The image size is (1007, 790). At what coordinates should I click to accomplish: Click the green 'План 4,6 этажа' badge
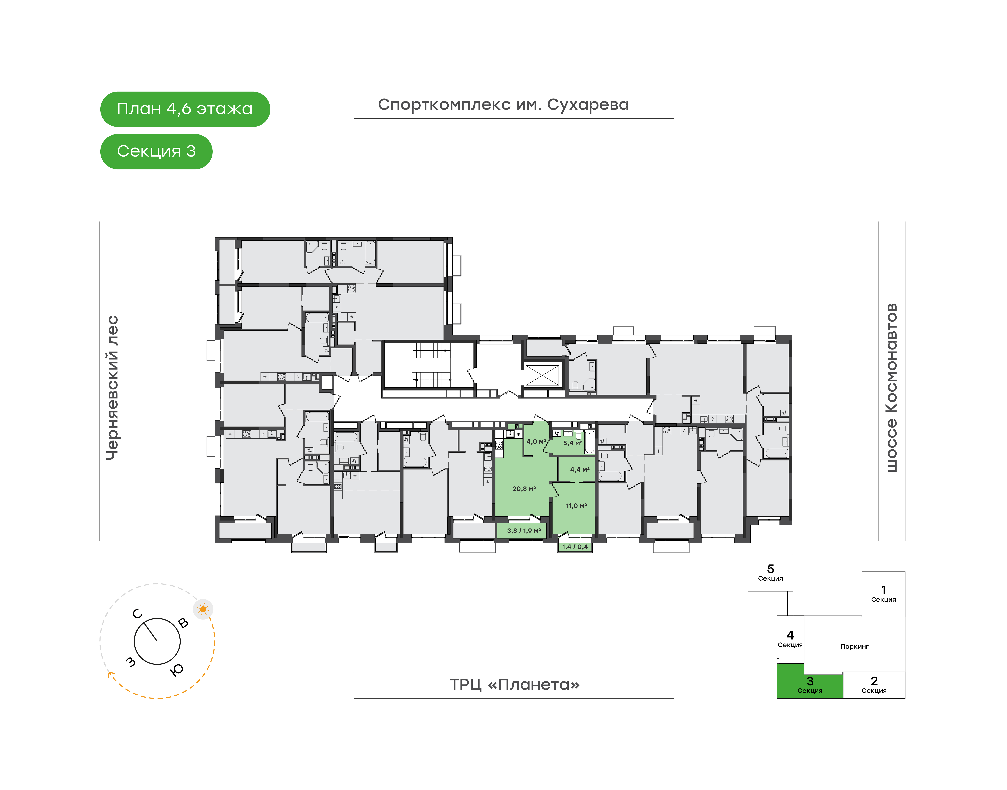tap(185, 109)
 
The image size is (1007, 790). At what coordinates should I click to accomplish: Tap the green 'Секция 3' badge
tap(156, 151)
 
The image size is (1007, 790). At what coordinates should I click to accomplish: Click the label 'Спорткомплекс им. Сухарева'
tap(503, 105)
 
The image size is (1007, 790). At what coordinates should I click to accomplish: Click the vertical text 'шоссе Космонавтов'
tap(891, 388)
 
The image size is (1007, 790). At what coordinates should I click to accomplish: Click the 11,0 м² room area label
tap(576, 506)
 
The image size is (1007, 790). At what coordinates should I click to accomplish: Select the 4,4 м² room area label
tap(580, 470)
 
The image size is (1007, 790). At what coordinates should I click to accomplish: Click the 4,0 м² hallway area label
tap(536, 442)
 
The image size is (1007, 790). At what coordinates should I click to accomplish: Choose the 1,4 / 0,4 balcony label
tap(575, 547)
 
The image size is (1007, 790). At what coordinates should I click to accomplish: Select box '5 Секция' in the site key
tap(770, 573)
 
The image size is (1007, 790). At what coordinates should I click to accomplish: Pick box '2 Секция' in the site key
tap(874, 685)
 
